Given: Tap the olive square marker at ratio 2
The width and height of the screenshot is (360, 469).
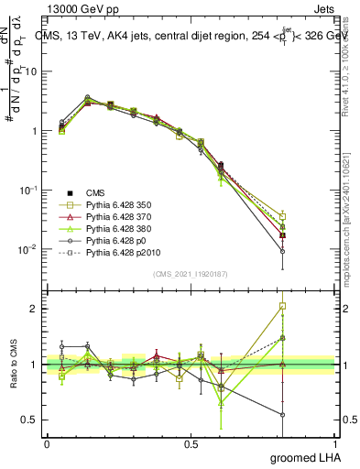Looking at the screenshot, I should click(x=283, y=306).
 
